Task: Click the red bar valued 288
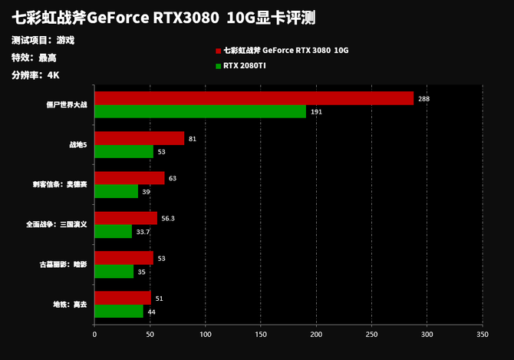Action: pyautogui.click(x=253, y=98)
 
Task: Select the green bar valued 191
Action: pyautogui.click(x=199, y=111)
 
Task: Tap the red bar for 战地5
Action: pyautogui.click(x=139, y=138)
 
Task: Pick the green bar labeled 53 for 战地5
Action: pyautogui.click(x=124, y=151)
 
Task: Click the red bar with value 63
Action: pyautogui.click(x=129, y=178)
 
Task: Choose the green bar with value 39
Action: pyautogui.click(x=116, y=191)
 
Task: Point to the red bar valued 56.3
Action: pyautogui.click(x=125, y=218)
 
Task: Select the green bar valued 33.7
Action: pyautogui.click(x=113, y=231)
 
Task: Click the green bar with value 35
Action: pyautogui.click(x=114, y=271)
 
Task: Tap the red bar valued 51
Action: pyautogui.click(x=123, y=298)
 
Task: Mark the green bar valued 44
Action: pyautogui.click(x=119, y=311)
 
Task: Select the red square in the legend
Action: pyautogui.click(x=218, y=51)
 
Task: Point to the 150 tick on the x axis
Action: pyautogui.click(x=261, y=335)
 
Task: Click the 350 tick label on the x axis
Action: pyautogui.click(x=482, y=335)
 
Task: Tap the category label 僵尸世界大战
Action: pyautogui.click(x=67, y=105)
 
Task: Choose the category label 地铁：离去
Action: pyautogui.click(x=70, y=305)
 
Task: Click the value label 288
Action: pyautogui.click(x=423, y=99)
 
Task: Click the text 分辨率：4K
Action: pyautogui.click(x=35, y=75)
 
